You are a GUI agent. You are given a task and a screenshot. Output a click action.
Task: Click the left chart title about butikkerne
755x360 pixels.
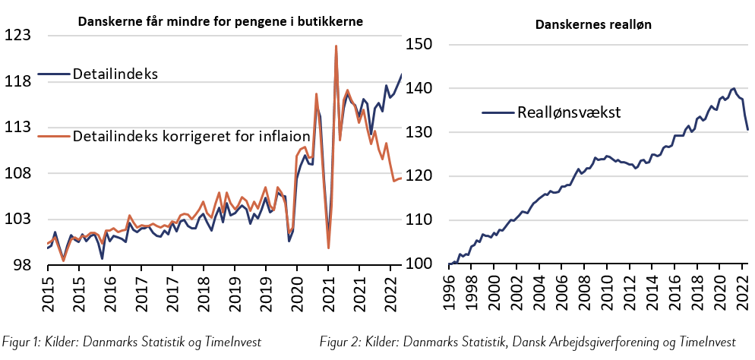(x=221, y=22)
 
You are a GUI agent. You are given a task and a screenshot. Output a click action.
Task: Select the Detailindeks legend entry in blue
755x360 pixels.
(x=114, y=74)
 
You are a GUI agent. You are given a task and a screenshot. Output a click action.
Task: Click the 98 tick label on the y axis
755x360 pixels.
(x=21, y=265)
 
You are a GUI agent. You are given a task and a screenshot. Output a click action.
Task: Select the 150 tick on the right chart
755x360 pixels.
(x=423, y=45)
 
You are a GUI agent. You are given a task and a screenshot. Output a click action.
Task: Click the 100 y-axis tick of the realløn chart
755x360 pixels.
(x=423, y=264)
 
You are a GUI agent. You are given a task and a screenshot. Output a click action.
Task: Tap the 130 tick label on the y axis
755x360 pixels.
(x=423, y=133)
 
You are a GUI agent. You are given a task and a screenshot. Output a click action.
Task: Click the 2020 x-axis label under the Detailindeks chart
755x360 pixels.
(x=296, y=289)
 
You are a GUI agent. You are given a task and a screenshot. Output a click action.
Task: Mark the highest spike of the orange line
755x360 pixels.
(x=336, y=46)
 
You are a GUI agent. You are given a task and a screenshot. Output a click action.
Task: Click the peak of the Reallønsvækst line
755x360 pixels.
(x=733, y=89)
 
